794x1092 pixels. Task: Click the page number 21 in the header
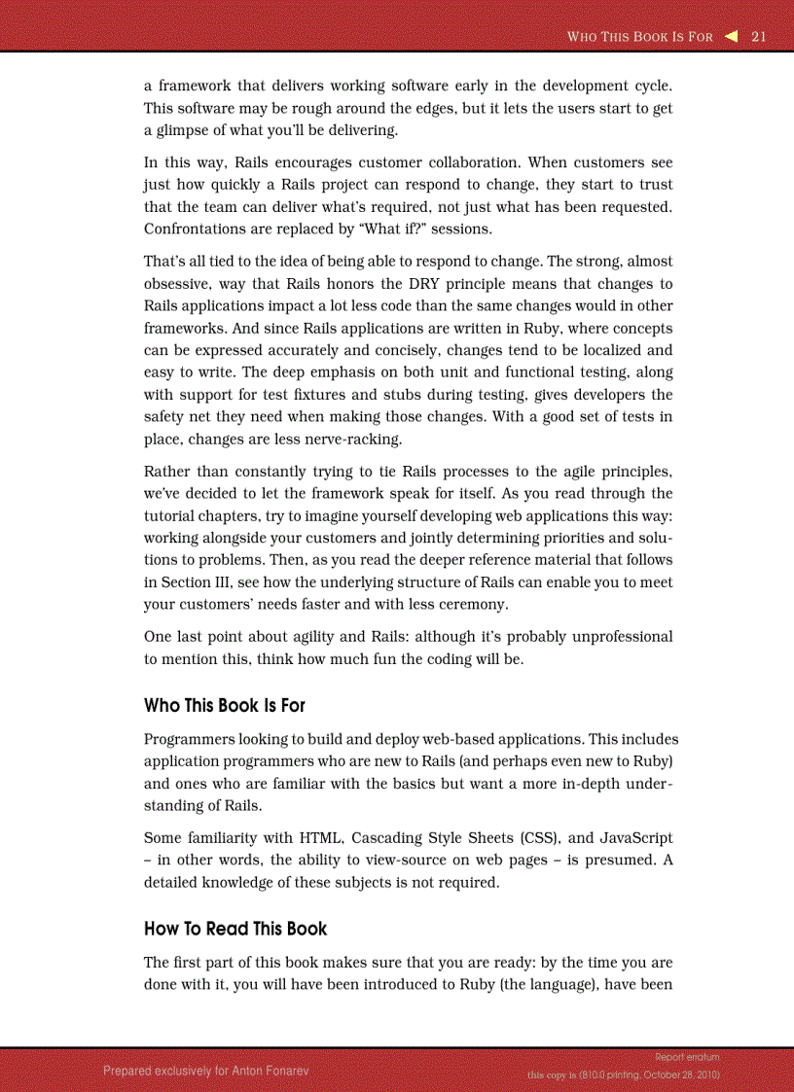pos(759,37)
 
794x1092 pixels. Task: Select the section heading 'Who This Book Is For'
pos(225,705)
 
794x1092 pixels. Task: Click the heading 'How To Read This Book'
pos(235,929)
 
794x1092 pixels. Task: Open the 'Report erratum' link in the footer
pos(687,1057)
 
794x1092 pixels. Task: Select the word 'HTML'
pos(321,838)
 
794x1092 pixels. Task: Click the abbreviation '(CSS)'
pos(539,838)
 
